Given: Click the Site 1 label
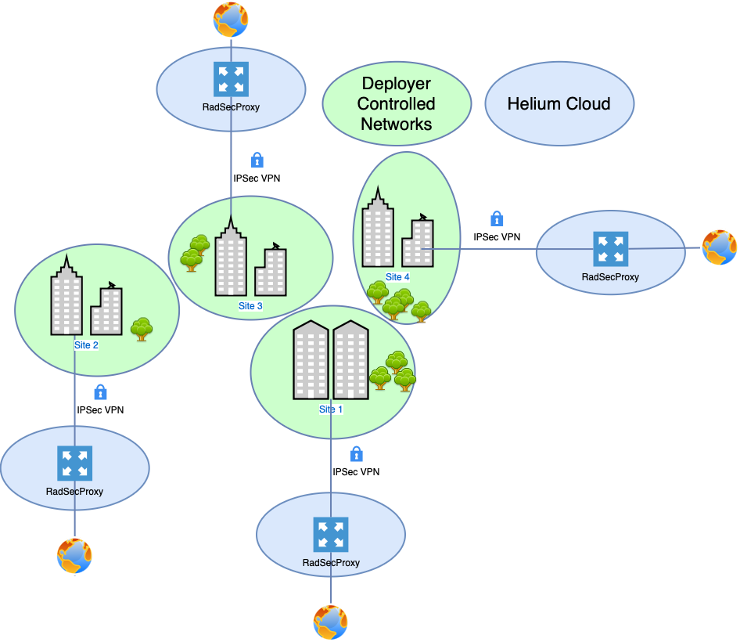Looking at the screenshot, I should (x=331, y=409).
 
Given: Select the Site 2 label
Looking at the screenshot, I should (x=86, y=345).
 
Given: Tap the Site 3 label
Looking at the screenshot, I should (x=250, y=306).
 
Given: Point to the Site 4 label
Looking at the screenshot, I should (x=397, y=277).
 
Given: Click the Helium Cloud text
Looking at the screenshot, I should (x=559, y=103).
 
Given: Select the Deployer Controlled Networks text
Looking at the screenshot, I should (x=397, y=103).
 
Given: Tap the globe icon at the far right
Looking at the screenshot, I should (x=719, y=248).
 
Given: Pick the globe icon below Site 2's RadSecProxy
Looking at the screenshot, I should (x=74, y=556).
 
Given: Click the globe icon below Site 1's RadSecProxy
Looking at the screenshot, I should (x=331, y=622).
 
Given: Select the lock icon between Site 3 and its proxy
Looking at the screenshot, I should (x=257, y=160).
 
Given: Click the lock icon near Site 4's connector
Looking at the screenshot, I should (x=497, y=219).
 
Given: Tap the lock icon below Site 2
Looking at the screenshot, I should (x=100, y=392).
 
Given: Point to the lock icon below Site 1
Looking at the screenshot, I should (x=356, y=453).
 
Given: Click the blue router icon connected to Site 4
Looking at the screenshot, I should (x=610, y=249).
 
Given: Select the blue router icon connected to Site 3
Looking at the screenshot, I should (x=231, y=79).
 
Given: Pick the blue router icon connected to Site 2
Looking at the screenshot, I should (x=75, y=463).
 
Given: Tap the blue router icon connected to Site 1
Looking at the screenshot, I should (x=331, y=534).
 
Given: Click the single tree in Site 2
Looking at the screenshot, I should (x=142, y=329).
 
